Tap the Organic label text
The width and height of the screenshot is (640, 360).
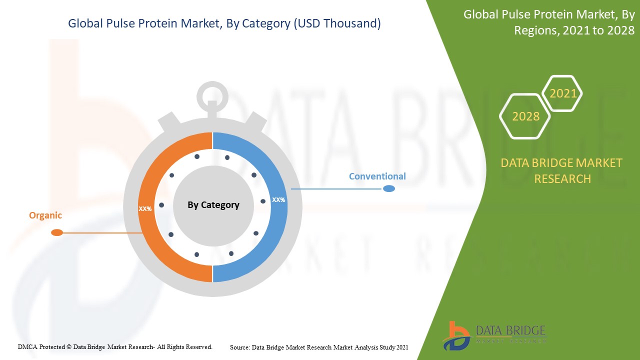pos(45,215)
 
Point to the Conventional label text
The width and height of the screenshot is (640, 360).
pos(377,176)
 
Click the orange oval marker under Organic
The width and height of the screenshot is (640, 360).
pos(57,232)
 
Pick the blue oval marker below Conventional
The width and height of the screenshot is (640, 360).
pos(389,188)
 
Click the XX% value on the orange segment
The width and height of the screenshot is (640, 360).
pos(145,209)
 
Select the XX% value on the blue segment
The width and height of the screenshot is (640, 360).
pos(278,200)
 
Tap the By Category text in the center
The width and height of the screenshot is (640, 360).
pos(213,205)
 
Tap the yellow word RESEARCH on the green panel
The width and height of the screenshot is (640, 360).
pos(562,179)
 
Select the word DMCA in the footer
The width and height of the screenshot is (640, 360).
pos(27,347)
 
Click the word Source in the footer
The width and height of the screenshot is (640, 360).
pos(239,347)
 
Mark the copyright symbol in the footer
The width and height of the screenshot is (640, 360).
pos(69,347)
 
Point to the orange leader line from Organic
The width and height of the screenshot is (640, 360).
pos(103,233)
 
